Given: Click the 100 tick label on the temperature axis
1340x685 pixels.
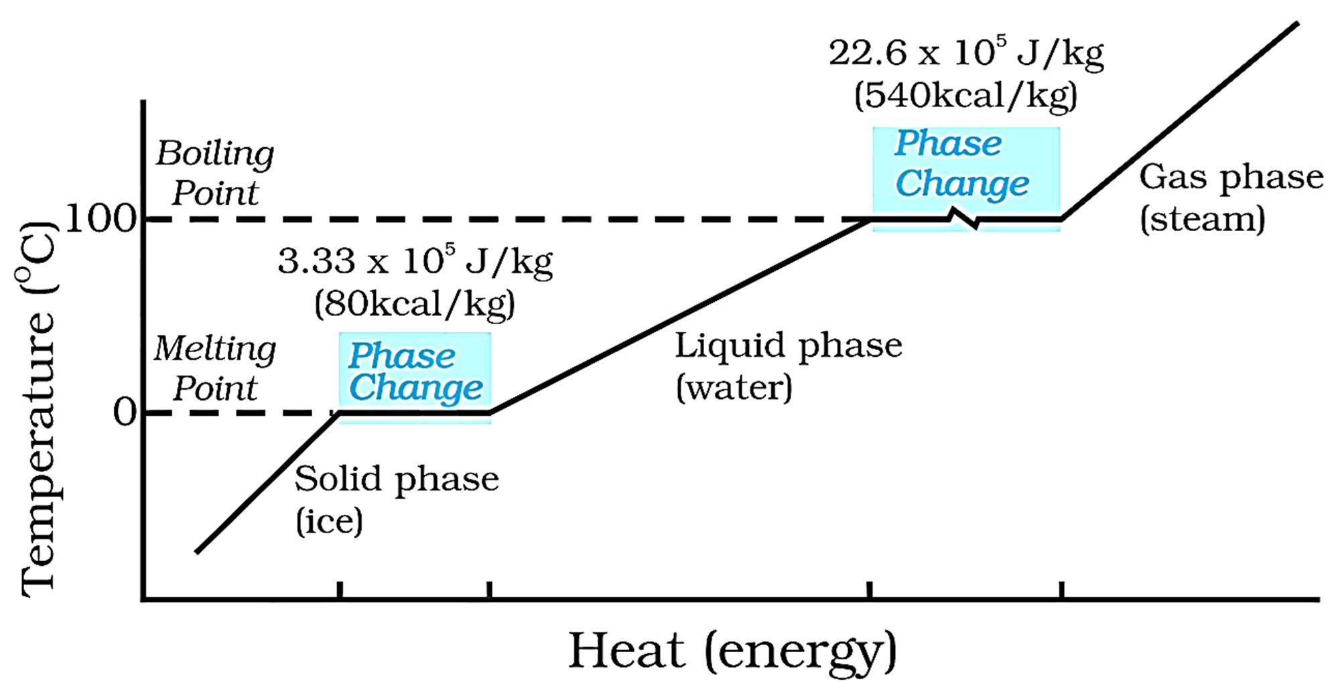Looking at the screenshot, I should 100,218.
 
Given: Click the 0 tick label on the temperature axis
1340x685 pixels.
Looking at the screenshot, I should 125,412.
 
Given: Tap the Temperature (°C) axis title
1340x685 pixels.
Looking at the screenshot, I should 38,408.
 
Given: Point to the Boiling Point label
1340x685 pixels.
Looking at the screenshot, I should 215,173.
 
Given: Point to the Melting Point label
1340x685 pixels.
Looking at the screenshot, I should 215,368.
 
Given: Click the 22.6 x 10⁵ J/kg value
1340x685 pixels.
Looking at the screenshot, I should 965,53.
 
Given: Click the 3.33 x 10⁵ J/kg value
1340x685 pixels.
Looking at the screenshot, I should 415,261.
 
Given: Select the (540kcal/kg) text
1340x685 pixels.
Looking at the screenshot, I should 965,96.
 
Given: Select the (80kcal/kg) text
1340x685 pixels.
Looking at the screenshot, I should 415,304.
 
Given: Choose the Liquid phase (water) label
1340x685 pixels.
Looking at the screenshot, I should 788,366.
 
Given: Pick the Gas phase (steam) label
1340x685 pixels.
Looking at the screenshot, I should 1231,198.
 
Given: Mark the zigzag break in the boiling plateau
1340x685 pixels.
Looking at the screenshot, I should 965,218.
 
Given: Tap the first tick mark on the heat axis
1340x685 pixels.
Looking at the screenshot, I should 340,590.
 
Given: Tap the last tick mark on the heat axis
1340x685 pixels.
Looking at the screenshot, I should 1061,590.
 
